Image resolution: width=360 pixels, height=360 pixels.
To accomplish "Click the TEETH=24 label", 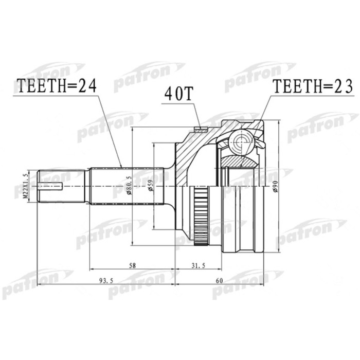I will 57,86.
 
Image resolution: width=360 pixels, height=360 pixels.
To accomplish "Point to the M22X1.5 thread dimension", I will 25,186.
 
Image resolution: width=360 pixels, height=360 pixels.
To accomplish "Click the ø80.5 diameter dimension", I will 128,186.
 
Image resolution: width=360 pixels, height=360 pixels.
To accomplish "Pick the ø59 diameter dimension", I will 150,186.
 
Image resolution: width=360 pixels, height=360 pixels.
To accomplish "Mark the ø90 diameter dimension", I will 275,186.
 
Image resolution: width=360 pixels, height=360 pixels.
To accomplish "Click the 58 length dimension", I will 133,265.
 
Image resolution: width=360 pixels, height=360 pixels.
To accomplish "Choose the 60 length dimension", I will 220,280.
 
